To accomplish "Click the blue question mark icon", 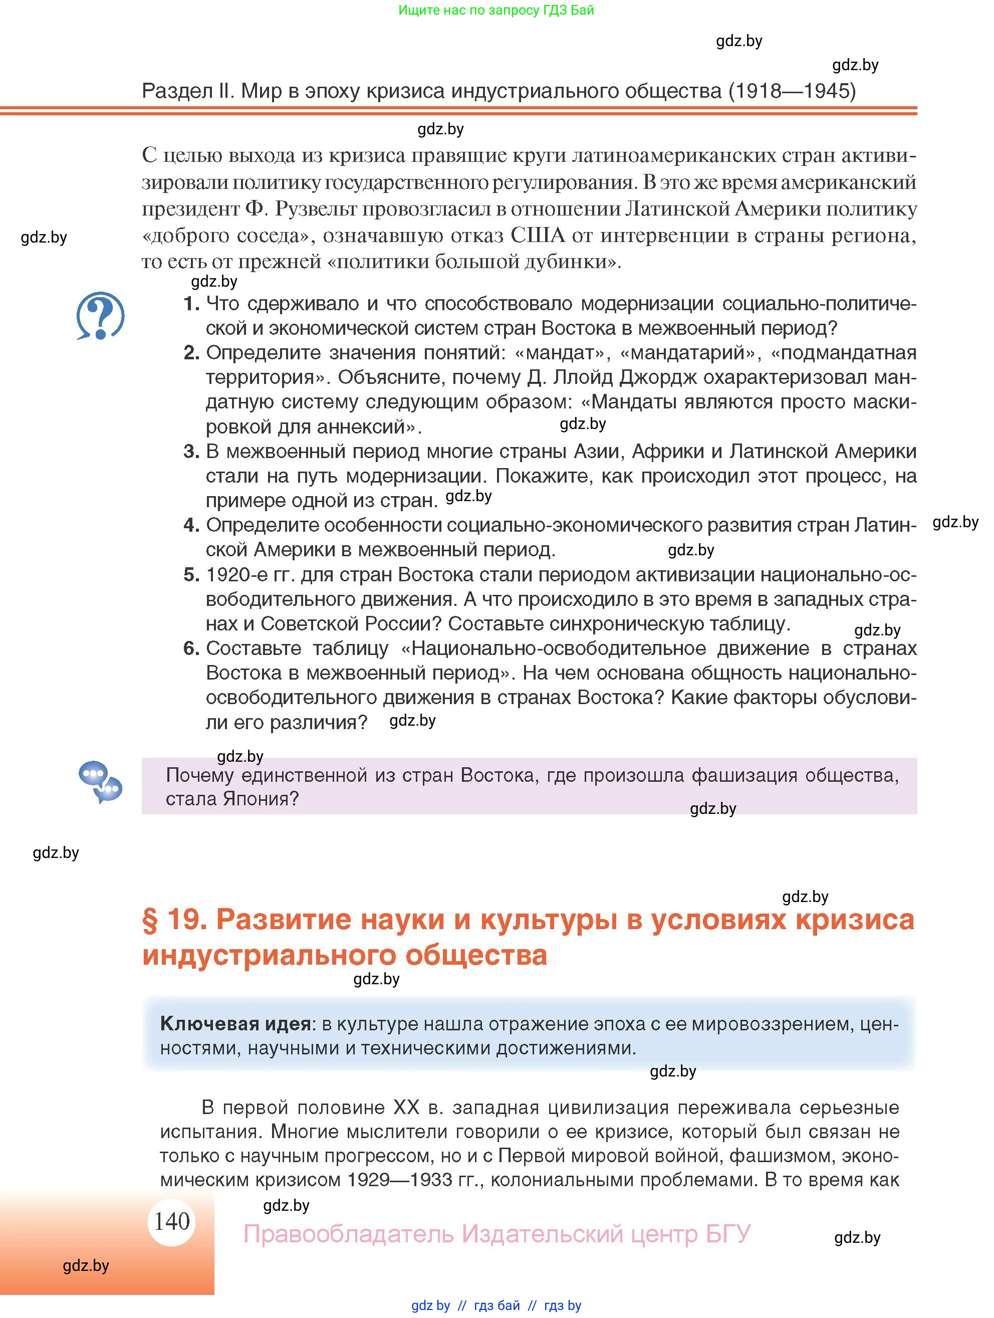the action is click(100, 315).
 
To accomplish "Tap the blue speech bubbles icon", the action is click(100, 782).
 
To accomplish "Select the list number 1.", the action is click(190, 304).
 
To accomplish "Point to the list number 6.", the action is click(190, 648).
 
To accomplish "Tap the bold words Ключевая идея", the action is click(236, 1024).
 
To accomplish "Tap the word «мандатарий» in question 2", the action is click(691, 353).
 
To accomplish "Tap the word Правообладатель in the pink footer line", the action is click(348, 1233).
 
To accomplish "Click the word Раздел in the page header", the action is click(177, 91).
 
